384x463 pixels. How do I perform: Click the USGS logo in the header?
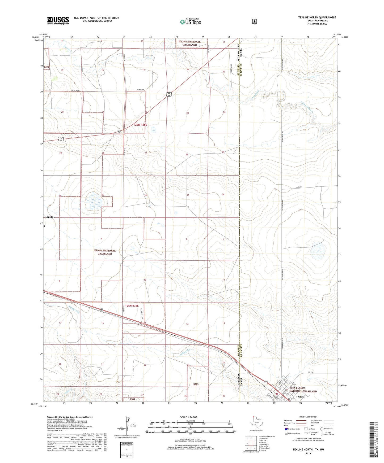coord(58,20)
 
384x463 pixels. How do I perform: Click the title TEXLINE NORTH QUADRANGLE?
coord(317,18)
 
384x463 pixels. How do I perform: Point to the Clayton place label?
coord(50,217)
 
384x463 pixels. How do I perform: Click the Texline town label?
coord(300,397)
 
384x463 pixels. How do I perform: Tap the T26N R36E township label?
coord(140,125)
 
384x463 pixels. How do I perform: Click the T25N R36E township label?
coord(132,306)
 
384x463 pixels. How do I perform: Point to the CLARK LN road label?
coord(299,187)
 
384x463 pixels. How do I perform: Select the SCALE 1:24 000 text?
coord(188,417)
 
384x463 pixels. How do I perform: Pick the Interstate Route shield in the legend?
coord(286,429)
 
